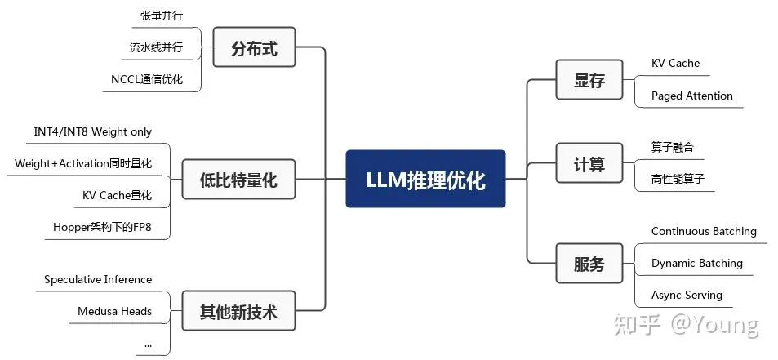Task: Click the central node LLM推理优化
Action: [425, 179]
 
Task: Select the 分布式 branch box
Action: [254, 48]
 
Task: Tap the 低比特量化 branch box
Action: [238, 180]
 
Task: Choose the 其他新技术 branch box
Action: [238, 311]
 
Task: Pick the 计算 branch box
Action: [589, 163]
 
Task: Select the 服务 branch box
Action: [589, 264]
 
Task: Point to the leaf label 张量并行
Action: [162, 16]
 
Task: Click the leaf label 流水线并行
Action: [156, 47]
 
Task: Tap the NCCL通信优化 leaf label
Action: [147, 79]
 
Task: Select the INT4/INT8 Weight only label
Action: [92, 131]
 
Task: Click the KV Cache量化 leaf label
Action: [117, 195]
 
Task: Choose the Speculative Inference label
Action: [98, 279]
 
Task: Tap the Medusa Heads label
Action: [114, 311]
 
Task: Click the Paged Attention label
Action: [691, 96]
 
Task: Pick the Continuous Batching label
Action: [703, 231]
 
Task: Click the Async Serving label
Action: [687, 295]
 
